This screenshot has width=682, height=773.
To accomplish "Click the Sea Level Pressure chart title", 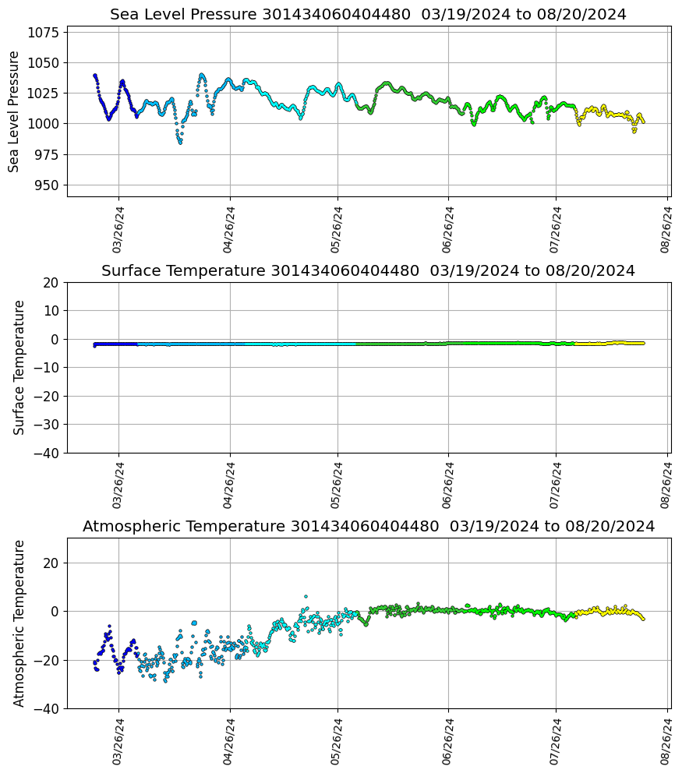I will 368,15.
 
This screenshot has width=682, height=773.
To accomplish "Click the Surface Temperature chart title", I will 368,271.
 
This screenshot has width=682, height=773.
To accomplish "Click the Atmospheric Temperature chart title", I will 368,527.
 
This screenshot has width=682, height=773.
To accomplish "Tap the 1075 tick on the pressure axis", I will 44,33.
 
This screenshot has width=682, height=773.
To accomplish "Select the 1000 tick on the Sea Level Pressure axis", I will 44,124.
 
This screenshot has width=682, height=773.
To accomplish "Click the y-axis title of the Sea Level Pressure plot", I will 14,111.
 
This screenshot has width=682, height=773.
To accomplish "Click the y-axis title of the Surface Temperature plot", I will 19,367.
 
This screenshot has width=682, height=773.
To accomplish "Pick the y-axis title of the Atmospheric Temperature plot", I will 19,623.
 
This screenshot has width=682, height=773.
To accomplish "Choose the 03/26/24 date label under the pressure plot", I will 118,230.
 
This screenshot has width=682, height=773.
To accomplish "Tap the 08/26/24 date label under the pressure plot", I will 667,230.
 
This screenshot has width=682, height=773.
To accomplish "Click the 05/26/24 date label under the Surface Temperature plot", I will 338,485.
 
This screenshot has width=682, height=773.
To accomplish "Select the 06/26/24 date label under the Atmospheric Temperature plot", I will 448,741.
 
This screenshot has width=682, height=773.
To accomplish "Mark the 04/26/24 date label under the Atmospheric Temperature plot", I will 229,741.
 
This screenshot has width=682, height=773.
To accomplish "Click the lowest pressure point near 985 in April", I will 180,143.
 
